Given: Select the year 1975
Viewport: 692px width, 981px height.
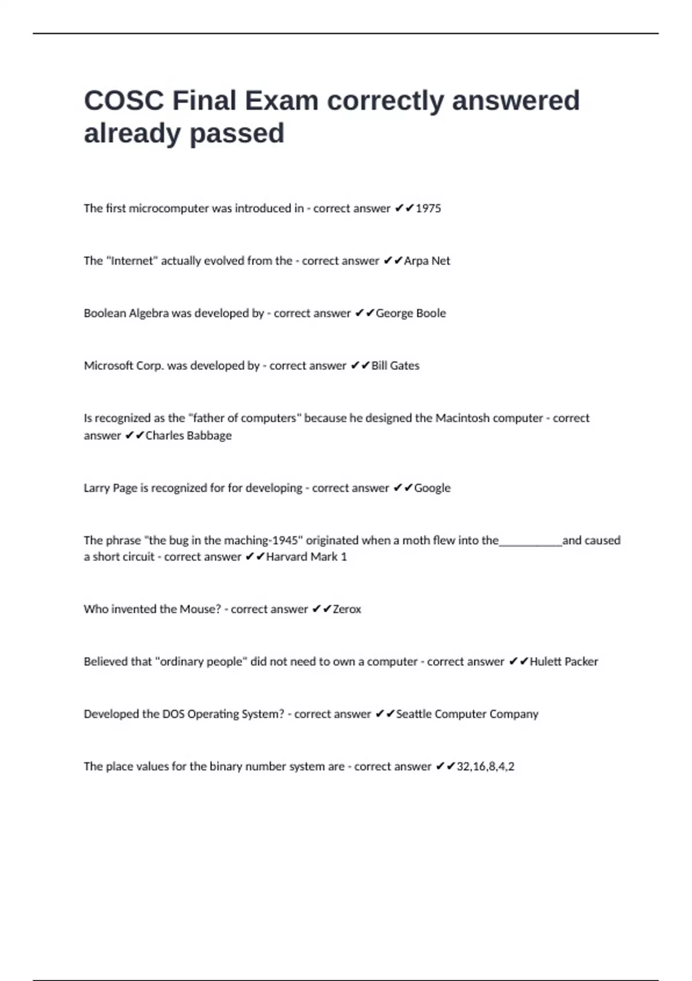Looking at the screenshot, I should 428,208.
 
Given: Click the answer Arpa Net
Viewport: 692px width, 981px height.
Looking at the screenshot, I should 427,261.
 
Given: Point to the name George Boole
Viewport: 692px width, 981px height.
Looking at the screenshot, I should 411,313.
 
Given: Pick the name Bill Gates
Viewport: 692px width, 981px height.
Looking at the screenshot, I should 396,366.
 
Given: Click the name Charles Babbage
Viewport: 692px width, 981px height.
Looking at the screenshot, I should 189,436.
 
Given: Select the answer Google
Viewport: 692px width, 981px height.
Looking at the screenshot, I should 432,488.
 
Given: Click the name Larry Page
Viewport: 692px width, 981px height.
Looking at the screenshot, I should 111,488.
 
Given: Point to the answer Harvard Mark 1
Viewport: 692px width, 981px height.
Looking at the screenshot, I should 306,557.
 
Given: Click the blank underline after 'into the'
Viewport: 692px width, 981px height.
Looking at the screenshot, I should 531,542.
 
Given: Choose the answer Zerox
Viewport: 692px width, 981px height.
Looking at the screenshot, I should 347,609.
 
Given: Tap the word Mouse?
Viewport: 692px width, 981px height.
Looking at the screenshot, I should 200,609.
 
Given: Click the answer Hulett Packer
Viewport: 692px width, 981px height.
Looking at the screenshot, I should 563,662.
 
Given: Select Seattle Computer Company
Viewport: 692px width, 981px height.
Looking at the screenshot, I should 467,714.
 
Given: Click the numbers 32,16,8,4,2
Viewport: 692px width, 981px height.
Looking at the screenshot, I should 486,767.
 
